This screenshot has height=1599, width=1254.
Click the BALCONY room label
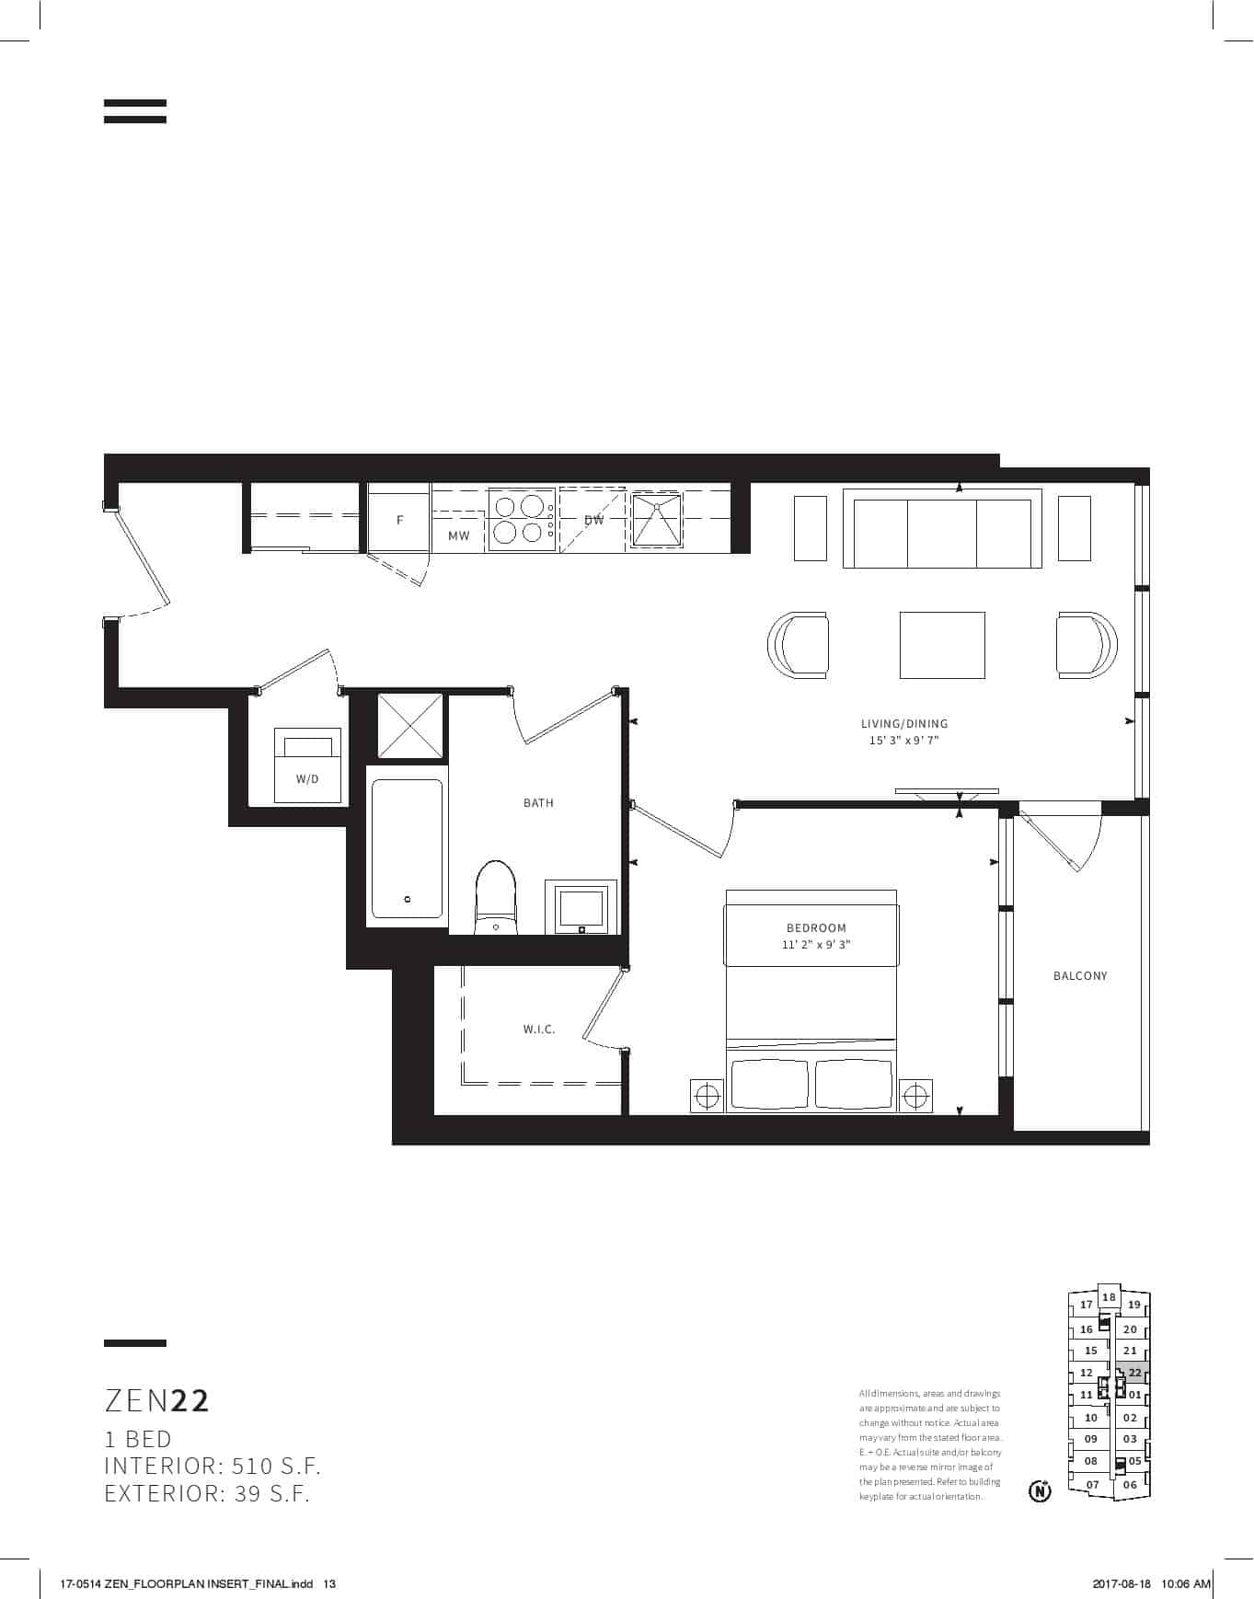pyautogui.click(x=1080, y=975)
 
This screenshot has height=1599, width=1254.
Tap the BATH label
pyautogui.click(x=538, y=803)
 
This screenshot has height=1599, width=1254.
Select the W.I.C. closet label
pyautogui.click(x=539, y=1030)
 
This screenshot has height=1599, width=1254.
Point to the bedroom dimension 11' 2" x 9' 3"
pyautogui.click(x=816, y=945)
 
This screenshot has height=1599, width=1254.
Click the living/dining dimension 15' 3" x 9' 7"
pyautogui.click(x=904, y=741)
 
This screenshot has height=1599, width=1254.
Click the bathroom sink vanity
pyautogui.click(x=581, y=907)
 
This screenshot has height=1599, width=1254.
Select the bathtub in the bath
pyautogui.click(x=407, y=848)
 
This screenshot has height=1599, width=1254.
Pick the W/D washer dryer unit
pyautogui.click(x=307, y=765)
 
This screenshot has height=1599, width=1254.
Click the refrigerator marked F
pyautogui.click(x=399, y=520)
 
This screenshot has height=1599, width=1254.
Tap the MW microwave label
pyautogui.click(x=458, y=535)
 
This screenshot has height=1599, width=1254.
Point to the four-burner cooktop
pyautogui.click(x=522, y=520)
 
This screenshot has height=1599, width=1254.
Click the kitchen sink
pyautogui.click(x=657, y=520)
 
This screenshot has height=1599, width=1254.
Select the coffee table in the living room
pyautogui.click(x=942, y=645)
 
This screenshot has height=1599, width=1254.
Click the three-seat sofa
pyautogui.click(x=942, y=528)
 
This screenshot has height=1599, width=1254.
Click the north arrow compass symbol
pyautogui.click(x=1040, y=1490)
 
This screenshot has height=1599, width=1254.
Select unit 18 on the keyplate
pyautogui.click(x=1109, y=1297)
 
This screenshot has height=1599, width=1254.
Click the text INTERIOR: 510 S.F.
pyautogui.click(x=213, y=1466)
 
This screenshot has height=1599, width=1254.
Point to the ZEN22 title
pyautogui.click(x=157, y=1400)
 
